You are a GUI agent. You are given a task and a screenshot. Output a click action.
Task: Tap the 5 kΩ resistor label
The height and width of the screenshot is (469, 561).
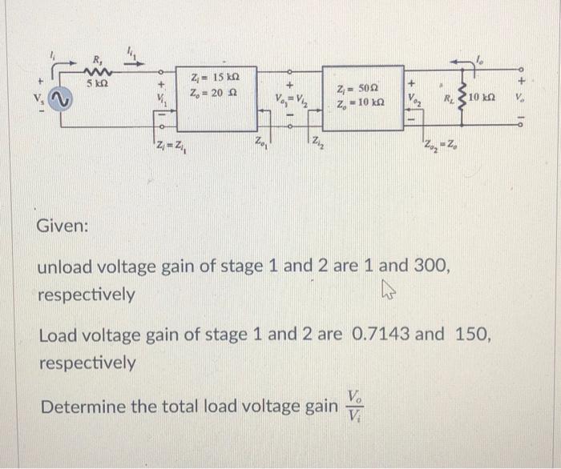click(x=99, y=82)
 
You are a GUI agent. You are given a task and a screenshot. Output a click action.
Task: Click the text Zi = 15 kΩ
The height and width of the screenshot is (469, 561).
click(x=212, y=78)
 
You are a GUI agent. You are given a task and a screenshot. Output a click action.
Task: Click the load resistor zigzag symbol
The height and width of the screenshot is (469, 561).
click(x=461, y=95)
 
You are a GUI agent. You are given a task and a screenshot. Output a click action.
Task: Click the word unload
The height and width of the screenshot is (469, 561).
click(x=68, y=265)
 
